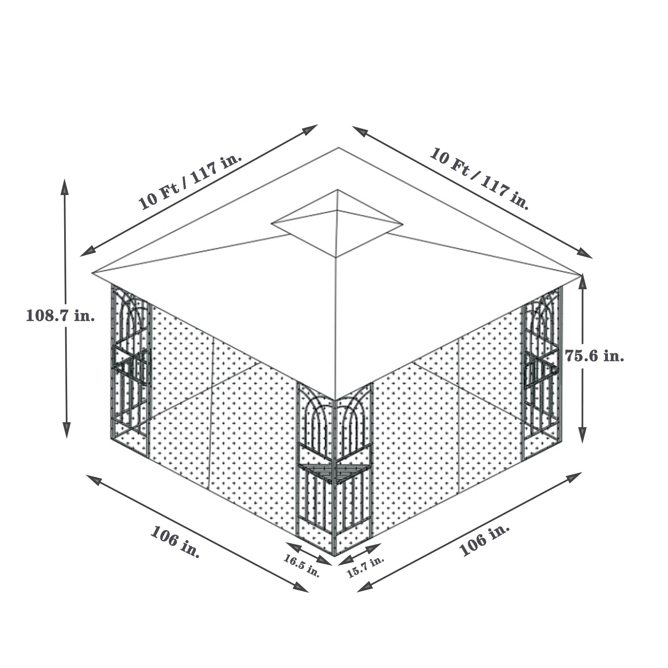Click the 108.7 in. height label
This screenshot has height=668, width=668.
click(x=60, y=316)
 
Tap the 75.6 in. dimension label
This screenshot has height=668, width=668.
click(x=595, y=355)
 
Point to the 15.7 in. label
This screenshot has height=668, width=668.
click(x=366, y=567)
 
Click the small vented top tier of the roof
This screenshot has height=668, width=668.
click(x=337, y=223)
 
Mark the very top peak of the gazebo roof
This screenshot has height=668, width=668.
click(x=338, y=190)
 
